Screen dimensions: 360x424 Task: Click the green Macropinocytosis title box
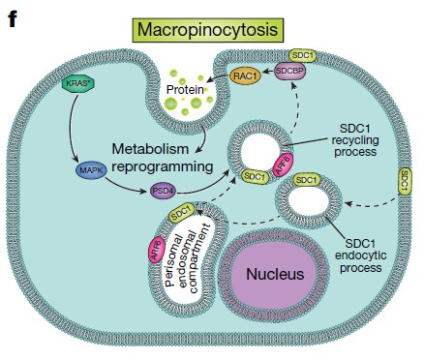(x=207, y=29)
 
